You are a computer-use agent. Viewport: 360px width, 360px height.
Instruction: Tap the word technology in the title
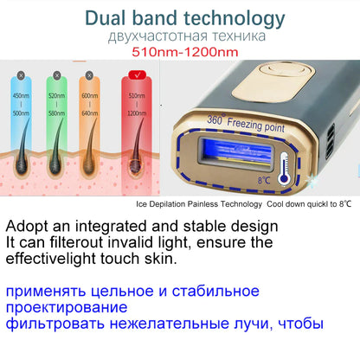tap(235, 16)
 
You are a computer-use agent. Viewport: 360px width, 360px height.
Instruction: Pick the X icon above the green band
tap(53, 75)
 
